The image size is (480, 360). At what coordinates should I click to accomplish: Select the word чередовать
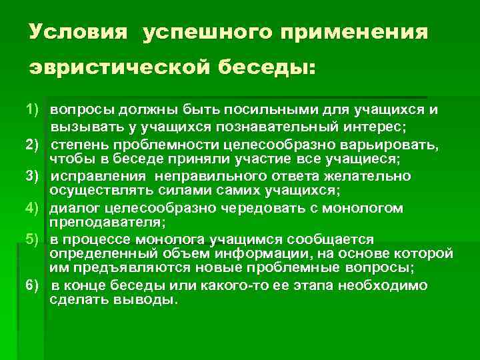click(x=280, y=209)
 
